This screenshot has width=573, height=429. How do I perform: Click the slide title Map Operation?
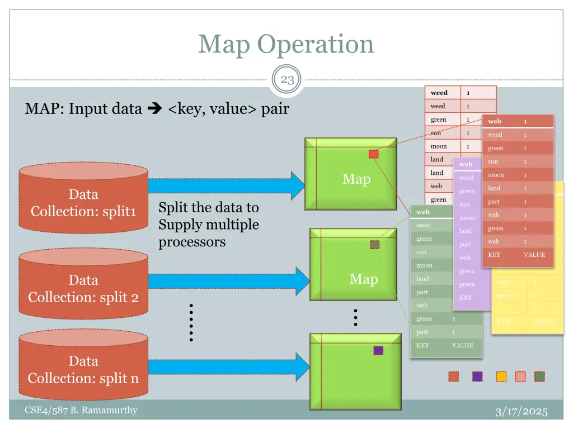pos(286,44)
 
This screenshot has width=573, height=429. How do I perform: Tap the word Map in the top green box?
pos(356,179)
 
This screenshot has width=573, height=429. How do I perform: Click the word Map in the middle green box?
pos(363,279)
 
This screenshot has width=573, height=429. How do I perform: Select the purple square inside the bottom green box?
pos(378,350)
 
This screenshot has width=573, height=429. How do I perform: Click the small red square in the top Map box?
pos(373,154)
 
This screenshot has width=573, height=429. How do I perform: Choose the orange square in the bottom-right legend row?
pos(501,376)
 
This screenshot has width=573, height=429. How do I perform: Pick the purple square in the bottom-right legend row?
pos(477,376)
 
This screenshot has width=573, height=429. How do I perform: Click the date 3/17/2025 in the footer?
pos(522,412)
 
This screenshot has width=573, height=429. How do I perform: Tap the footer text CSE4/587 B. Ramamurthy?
pos(81,411)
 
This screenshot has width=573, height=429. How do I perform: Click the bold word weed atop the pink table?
pos(439,93)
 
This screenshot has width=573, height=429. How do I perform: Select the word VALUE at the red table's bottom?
pos(534,255)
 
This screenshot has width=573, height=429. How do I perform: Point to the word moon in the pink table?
pos(438,146)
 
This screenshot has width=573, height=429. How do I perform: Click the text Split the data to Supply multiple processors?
pos(209,225)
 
